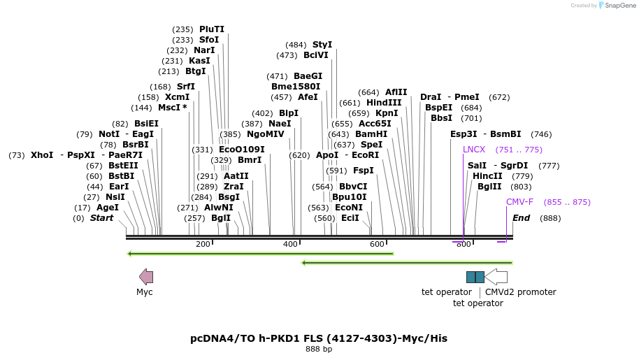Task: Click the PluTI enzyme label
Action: [x=211, y=29]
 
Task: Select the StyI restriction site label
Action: [x=322, y=45]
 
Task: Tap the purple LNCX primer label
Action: [x=474, y=150]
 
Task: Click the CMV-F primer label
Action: [x=519, y=202]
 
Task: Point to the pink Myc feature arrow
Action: [x=146, y=277]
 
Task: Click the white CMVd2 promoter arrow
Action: [x=496, y=277]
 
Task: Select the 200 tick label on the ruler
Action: [x=203, y=244]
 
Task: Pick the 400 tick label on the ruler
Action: [x=290, y=244]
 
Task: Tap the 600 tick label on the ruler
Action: [x=377, y=244]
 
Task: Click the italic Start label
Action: [x=101, y=218]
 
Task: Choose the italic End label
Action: [x=521, y=218]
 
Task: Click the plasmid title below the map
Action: [x=319, y=338]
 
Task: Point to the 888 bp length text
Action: [x=319, y=349]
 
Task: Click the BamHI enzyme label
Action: [x=371, y=134]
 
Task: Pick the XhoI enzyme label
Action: [x=42, y=155]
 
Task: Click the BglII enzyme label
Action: [x=489, y=187]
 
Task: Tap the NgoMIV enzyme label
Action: [x=266, y=134]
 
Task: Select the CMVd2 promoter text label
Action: [x=520, y=292]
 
